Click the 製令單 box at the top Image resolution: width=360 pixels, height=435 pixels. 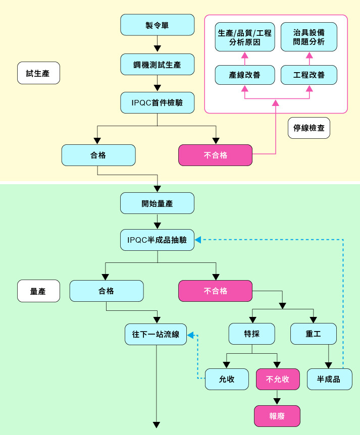coord(158,25)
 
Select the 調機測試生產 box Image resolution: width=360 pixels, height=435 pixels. coord(158,64)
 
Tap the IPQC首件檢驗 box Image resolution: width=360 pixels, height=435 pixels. coord(158,103)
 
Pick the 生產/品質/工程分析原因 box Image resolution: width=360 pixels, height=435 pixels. coord(245,37)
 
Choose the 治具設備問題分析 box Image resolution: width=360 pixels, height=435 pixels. coord(309,37)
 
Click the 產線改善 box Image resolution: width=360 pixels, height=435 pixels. coord(245,75)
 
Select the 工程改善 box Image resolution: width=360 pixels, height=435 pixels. coord(309,75)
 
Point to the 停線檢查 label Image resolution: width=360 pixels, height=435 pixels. coord(309,128)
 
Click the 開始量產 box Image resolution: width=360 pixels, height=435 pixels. coord(158,203)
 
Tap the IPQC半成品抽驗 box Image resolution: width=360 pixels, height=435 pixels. coord(158,240)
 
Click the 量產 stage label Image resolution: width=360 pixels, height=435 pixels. coord(38,291)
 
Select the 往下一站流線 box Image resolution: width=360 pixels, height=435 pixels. coord(156,334)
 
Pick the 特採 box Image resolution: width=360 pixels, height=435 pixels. coord(252,334)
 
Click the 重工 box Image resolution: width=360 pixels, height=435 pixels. coord(314,334)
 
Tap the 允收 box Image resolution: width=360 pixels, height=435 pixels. coord(227,379)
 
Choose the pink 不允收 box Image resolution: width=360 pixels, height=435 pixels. coord(278,379)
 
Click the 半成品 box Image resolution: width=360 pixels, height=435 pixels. coord(329,379)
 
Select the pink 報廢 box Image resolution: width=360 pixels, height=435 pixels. coord(277,416)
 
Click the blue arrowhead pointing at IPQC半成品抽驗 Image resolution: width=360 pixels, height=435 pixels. coord(198,240)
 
